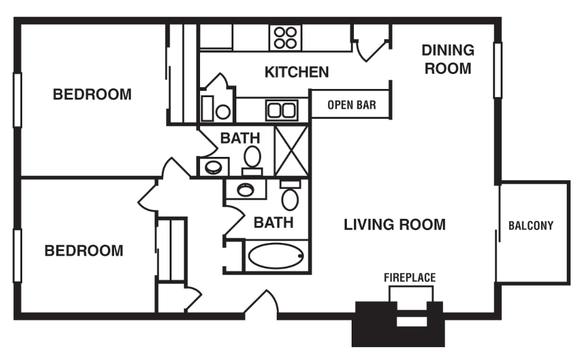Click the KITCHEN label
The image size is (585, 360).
click(x=297, y=72)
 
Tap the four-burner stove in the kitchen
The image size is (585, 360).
click(x=285, y=38)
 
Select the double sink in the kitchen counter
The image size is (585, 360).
click(x=282, y=109)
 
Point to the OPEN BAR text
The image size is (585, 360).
click(x=351, y=105)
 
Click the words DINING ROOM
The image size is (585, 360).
click(x=448, y=59)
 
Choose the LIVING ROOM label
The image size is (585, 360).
click(x=394, y=224)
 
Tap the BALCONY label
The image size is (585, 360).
click(x=531, y=225)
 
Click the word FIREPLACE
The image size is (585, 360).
click(x=409, y=277)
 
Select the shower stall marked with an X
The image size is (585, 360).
click(x=291, y=150)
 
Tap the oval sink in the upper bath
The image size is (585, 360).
click(x=213, y=167)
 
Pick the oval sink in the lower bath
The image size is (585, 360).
click(x=245, y=189)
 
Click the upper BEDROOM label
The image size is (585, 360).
click(x=92, y=94)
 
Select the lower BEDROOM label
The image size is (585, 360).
click(x=84, y=251)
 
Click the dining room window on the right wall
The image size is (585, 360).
click(x=497, y=70)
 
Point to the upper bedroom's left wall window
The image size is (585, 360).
click(x=18, y=100)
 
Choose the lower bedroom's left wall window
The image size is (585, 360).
click(x=18, y=256)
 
